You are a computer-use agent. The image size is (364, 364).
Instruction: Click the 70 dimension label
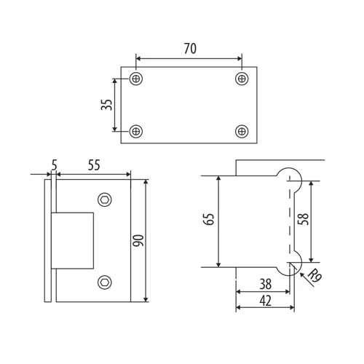coord(190,49)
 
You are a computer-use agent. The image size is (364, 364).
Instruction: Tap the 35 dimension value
coord(107,105)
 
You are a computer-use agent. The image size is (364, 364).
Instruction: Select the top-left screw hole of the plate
coord(136,79)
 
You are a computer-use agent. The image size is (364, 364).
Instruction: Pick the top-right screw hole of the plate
coord(242,79)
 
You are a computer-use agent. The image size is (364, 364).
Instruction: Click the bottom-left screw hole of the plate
coord(136,131)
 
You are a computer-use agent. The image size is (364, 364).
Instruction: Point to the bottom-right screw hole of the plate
coord(242,131)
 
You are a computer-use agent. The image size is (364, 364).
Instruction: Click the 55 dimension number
coord(94,165)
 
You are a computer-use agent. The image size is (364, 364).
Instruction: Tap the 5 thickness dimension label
coord(54,165)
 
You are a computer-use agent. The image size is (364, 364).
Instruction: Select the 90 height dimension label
coord(138,240)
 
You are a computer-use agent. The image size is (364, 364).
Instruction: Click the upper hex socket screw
coord(105,199)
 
